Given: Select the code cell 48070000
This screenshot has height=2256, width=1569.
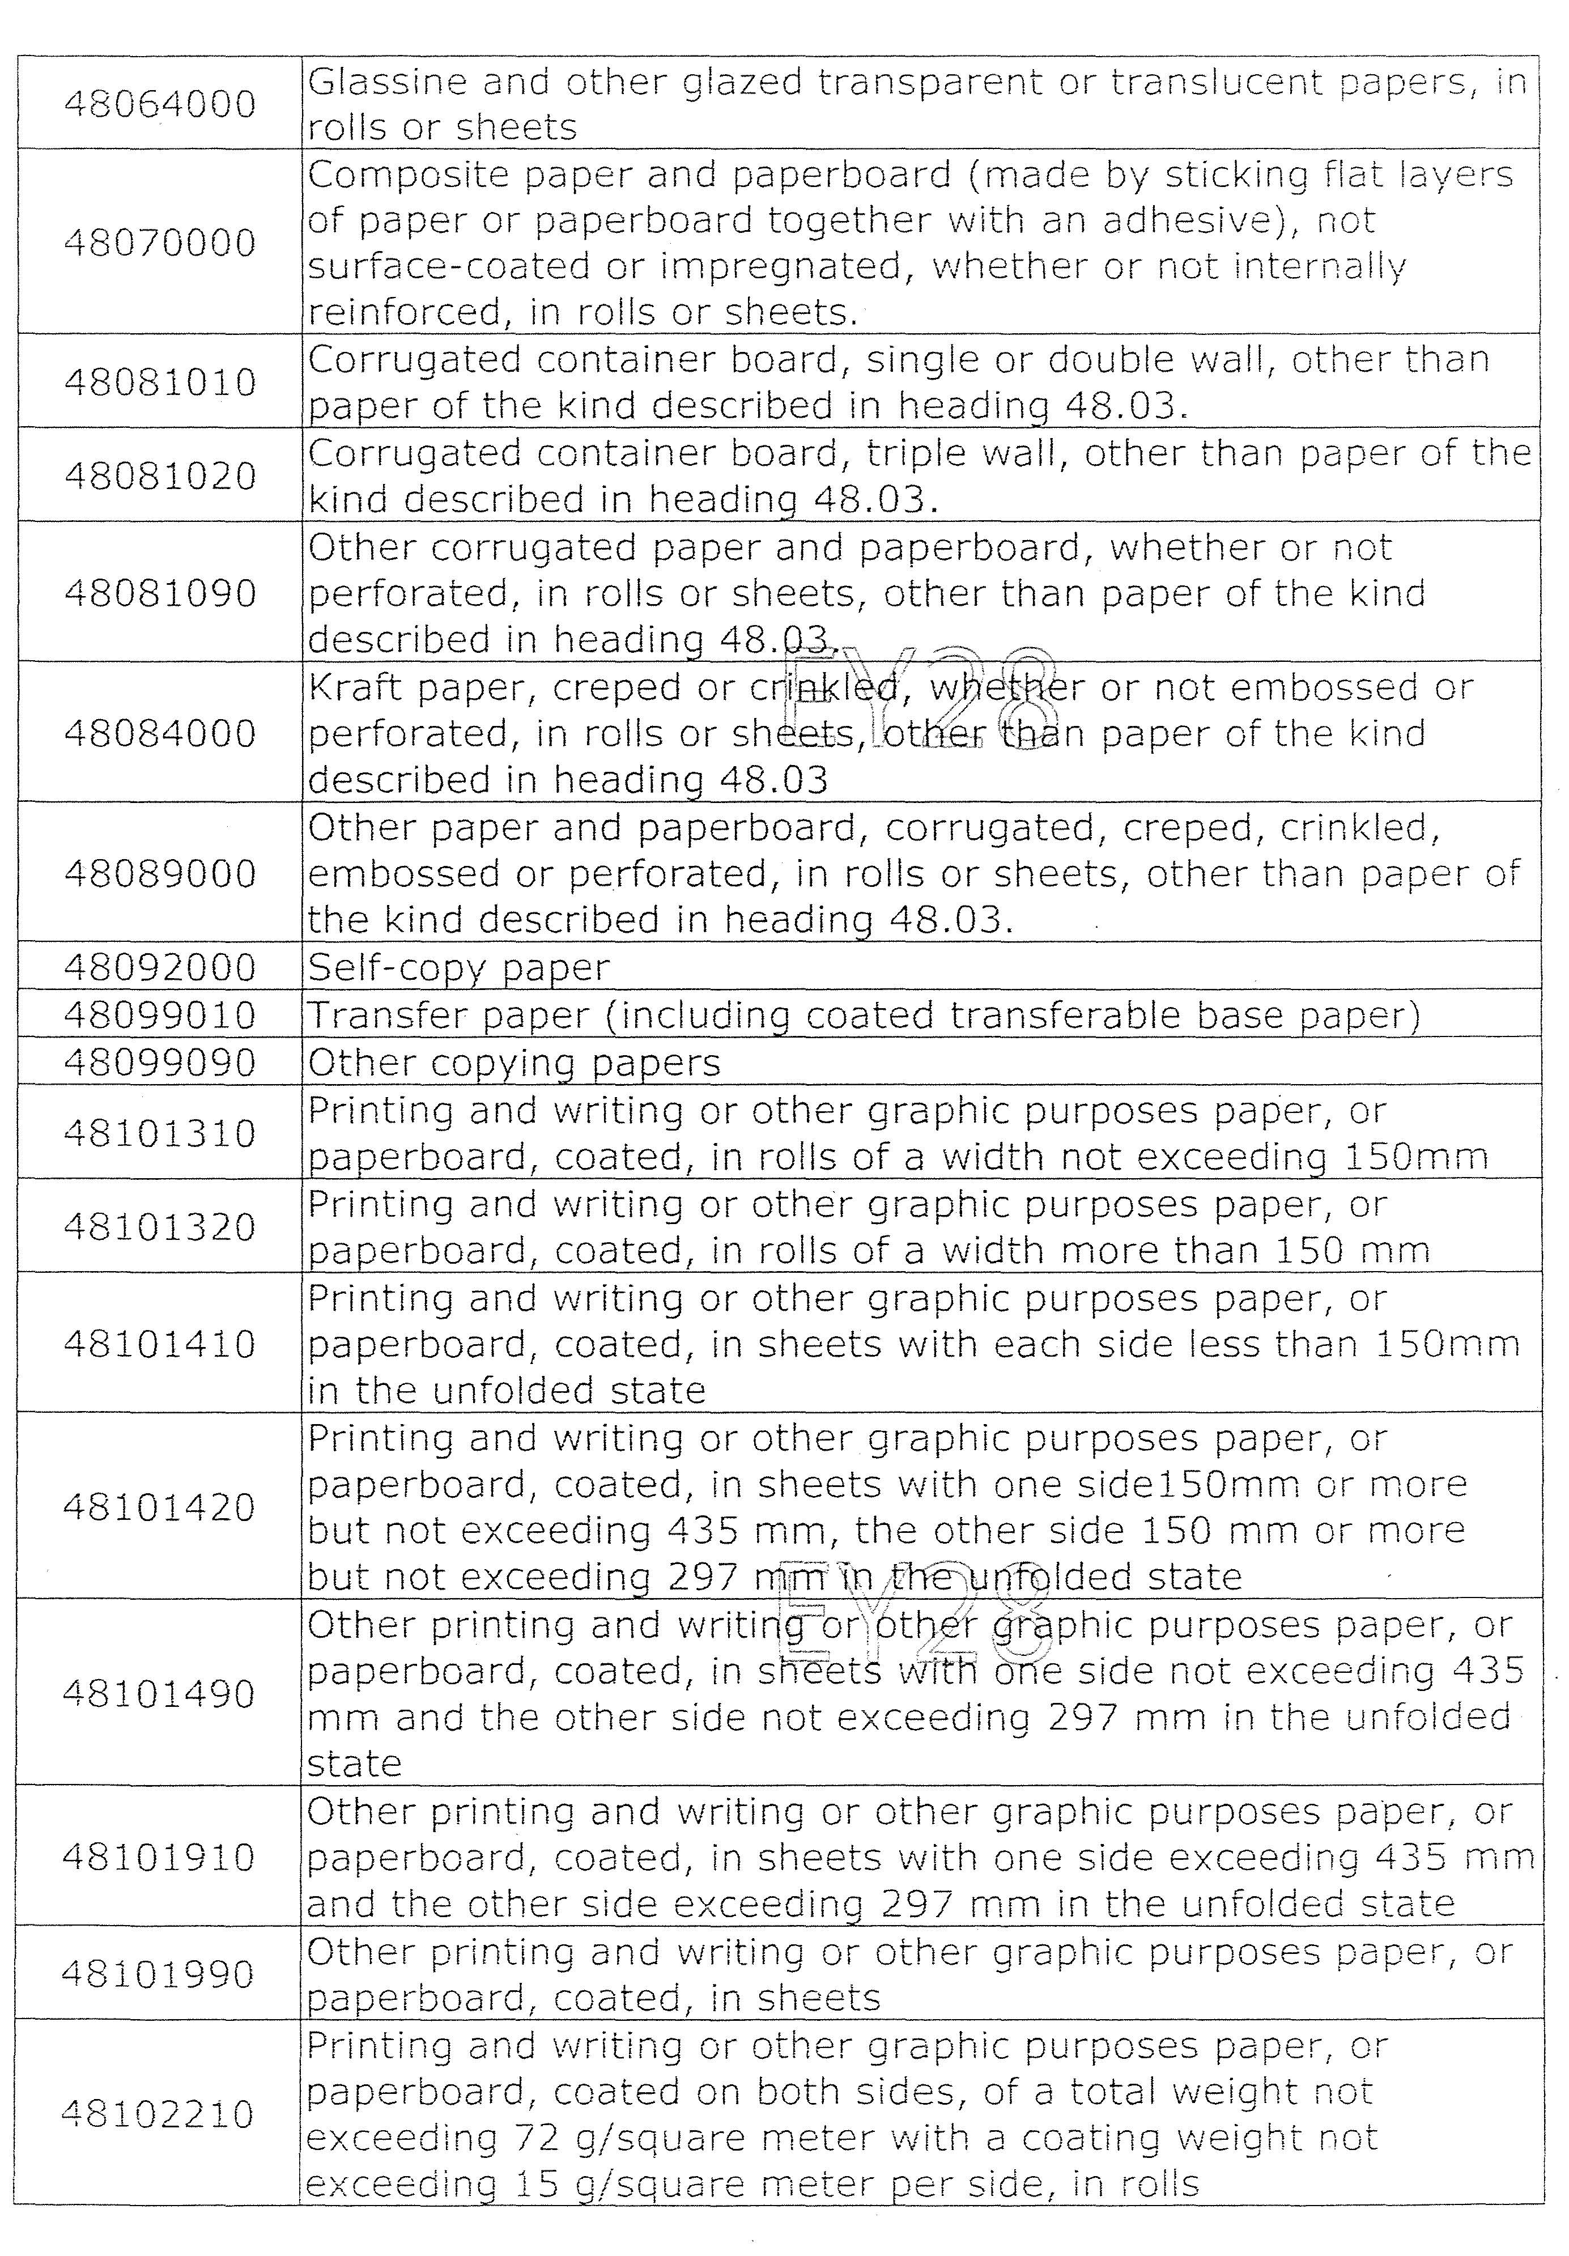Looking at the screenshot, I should point(160,243).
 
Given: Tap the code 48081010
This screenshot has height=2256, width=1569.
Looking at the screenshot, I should point(160,382).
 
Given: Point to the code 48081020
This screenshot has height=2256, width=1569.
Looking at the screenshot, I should point(160,475).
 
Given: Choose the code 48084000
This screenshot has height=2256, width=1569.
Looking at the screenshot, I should point(160,733).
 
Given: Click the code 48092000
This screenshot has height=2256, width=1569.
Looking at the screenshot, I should point(160,968).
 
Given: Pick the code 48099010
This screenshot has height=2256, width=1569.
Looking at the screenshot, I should point(160,1015).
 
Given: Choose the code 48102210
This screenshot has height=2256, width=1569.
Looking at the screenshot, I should point(158,2114).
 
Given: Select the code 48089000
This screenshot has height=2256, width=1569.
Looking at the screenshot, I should point(160,873).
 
